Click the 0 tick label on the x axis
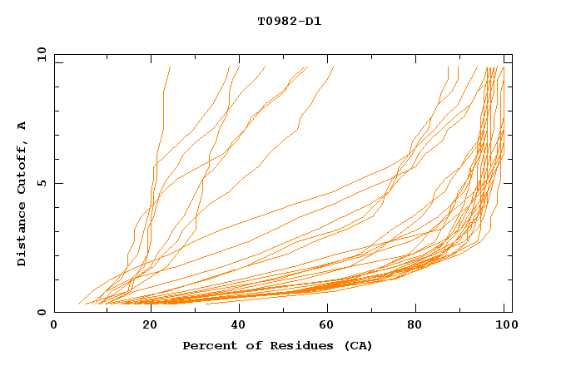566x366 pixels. point(54,326)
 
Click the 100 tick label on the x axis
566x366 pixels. point(505,326)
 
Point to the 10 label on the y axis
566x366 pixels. point(41,54)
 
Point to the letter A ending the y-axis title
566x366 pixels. point(22,126)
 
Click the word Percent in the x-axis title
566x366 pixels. point(208,345)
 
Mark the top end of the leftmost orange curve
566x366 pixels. point(171,67)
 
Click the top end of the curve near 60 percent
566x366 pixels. point(333,67)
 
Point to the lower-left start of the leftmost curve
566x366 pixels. point(78,304)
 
